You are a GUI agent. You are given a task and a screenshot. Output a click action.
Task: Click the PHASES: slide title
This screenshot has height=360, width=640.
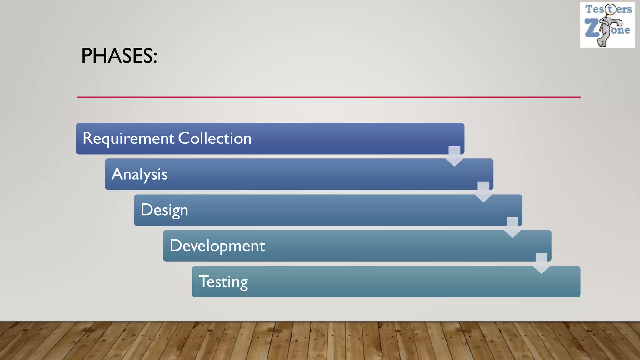[119, 56]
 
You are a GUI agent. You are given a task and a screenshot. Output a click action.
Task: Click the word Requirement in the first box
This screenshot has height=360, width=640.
[128, 138]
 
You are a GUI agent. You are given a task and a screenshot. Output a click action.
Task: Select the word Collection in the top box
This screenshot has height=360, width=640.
[215, 138]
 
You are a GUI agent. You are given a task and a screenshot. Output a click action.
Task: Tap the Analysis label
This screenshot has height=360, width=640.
[139, 174]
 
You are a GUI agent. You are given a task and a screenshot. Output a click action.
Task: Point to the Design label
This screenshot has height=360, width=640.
[164, 210]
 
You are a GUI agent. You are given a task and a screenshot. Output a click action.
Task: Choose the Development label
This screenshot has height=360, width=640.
[217, 246]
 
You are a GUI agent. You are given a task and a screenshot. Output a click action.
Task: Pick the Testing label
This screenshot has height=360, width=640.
[223, 282]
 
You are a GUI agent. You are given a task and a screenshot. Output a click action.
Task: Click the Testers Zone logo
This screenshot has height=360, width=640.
[607, 25]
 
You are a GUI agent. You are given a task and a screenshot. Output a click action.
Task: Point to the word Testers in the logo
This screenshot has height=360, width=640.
[608, 9]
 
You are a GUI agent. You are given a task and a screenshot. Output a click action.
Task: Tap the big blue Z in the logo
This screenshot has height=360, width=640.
[592, 28]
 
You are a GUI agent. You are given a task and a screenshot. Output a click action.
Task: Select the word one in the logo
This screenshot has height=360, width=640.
[621, 30]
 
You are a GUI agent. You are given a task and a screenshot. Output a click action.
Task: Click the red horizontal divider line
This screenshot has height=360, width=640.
[329, 97]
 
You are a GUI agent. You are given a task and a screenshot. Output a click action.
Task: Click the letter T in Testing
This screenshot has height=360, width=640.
[204, 281]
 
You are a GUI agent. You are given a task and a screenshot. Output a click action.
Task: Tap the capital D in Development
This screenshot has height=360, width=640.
[176, 246]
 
